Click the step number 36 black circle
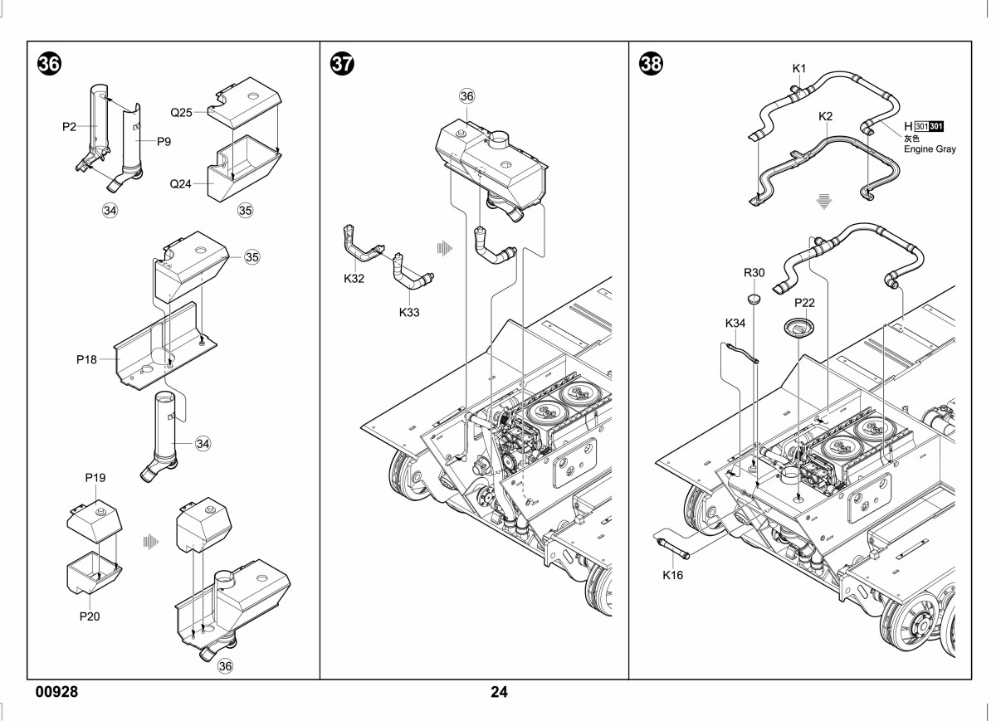pyautogui.click(x=49, y=64)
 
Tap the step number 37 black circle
pyautogui.click(x=342, y=64)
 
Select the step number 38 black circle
pyautogui.click(x=651, y=64)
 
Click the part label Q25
pyautogui.click(x=182, y=113)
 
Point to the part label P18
pyautogui.click(x=86, y=359)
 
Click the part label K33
pyautogui.click(x=409, y=312)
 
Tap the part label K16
pyautogui.click(x=672, y=575)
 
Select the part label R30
pyautogui.click(x=754, y=272)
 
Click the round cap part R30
pyautogui.click(x=754, y=299)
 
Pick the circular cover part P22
pyautogui.click(x=799, y=329)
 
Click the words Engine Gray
pyautogui.click(x=930, y=149)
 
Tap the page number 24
pyautogui.click(x=499, y=692)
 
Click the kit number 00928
pyautogui.click(x=57, y=692)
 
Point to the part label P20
pyautogui.click(x=90, y=616)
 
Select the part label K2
pyautogui.click(x=825, y=116)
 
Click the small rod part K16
pyautogui.click(x=671, y=548)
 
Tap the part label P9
pyautogui.click(x=164, y=141)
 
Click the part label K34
pyautogui.click(x=735, y=323)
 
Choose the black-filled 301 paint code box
pyautogui.click(x=936, y=126)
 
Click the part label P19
pyautogui.click(x=95, y=477)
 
